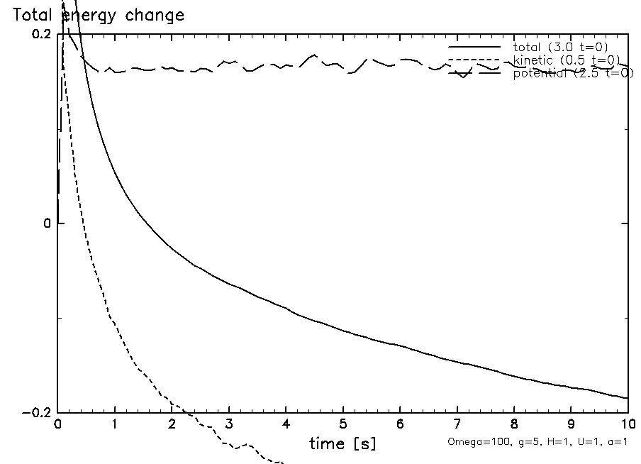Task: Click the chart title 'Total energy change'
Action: tap(99, 16)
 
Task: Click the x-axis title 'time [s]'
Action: tap(342, 444)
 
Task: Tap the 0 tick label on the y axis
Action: tap(48, 223)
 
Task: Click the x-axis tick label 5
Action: tap(342, 425)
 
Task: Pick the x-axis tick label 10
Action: tap(627, 425)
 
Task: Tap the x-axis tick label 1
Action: tap(115, 425)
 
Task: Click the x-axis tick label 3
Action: tap(229, 425)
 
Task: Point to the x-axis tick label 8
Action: tap(514, 425)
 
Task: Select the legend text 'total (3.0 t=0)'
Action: tap(560, 47)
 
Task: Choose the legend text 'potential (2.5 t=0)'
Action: tap(573, 73)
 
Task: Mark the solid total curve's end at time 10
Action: tap(627, 398)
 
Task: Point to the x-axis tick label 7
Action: tap(457, 425)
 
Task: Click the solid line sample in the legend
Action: tap(474, 47)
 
